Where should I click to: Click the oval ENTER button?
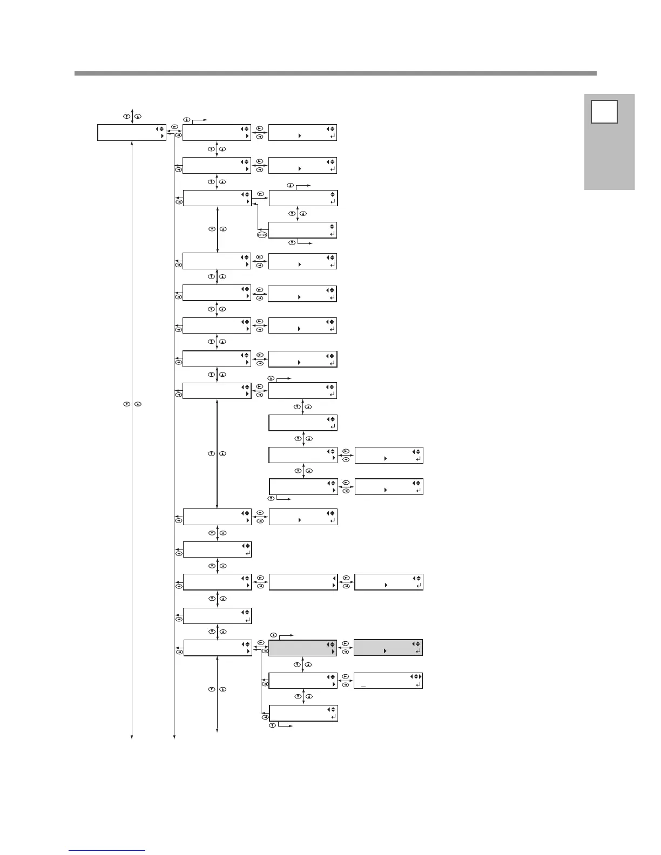(262, 235)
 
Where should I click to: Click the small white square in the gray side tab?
(604, 112)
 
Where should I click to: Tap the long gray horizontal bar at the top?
(335, 73)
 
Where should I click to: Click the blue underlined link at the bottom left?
(107, 850)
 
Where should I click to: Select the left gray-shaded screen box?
(302, 648)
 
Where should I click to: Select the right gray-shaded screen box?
(388, 648)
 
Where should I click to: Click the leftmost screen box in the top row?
(131, 133)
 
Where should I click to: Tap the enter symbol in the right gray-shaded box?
(417, 652)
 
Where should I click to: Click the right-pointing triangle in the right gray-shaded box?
(385, 652)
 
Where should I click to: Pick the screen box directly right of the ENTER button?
(302, 230)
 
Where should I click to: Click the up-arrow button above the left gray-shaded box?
(273, 634)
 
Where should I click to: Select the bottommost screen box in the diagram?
(302, 712)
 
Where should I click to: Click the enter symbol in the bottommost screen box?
(332, 716)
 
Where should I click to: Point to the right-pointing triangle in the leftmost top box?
(163, 137)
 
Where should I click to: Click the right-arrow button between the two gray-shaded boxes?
(346, 643)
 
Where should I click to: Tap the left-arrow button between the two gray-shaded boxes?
(346, 652)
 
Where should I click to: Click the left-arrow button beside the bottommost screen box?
(265, 717)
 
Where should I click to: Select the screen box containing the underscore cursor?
(388, 681)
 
